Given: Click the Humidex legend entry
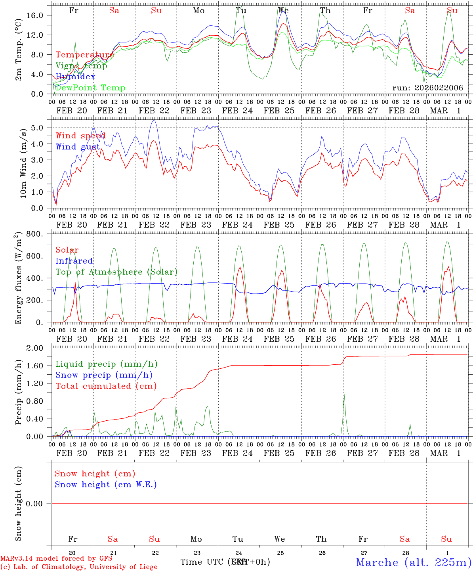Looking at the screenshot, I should click(x=75, y=77).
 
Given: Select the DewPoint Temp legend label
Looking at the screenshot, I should click(x=90, y=88).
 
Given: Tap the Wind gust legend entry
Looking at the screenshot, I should click(x=78, y=147).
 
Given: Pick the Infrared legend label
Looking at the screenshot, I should click(x=74, y=261).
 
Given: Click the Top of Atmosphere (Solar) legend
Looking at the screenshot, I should click(x=116, y=272).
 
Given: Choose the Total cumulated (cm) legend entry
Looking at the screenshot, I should click(x=106, y=386).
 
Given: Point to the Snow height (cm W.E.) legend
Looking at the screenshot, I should click(x=106, y=485).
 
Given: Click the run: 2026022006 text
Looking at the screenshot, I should click(x=427, y=88).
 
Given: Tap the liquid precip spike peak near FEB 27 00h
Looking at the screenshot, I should click(x=344, y=394).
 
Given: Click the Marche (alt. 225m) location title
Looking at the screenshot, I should click(x=414, y=562).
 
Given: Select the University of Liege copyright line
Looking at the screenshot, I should click(x=79, y=567).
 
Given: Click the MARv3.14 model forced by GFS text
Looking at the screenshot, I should click(x=56, y=558).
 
